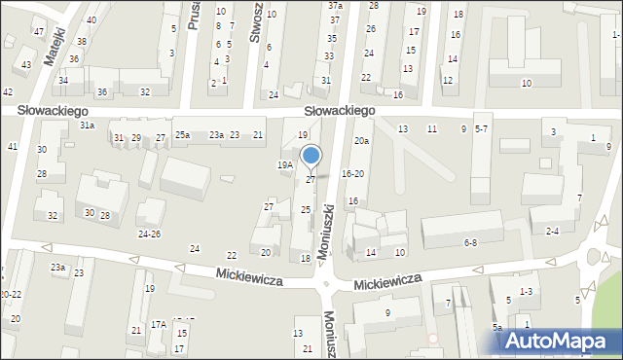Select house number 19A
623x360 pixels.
(284, 165)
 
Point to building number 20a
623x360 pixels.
(361, 141)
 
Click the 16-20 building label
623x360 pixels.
(353, 174)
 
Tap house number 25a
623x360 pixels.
(182, 135)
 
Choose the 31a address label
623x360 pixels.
(87, 126)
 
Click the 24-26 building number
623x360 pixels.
(149, 234)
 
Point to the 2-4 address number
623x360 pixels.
(552, 231)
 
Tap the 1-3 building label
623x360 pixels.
(526, 292)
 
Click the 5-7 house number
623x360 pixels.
(481, 129)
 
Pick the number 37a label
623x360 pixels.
(335, 6)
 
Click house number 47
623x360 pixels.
(39, 31)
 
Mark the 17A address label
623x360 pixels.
(159, 324)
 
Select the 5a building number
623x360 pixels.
(496, 328)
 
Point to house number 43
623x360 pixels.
(26, 64)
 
